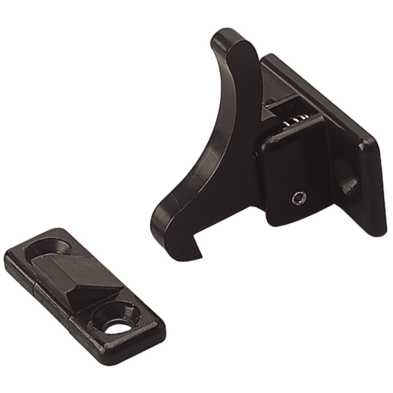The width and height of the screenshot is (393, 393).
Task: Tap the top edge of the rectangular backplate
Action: (x=314, y=90)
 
